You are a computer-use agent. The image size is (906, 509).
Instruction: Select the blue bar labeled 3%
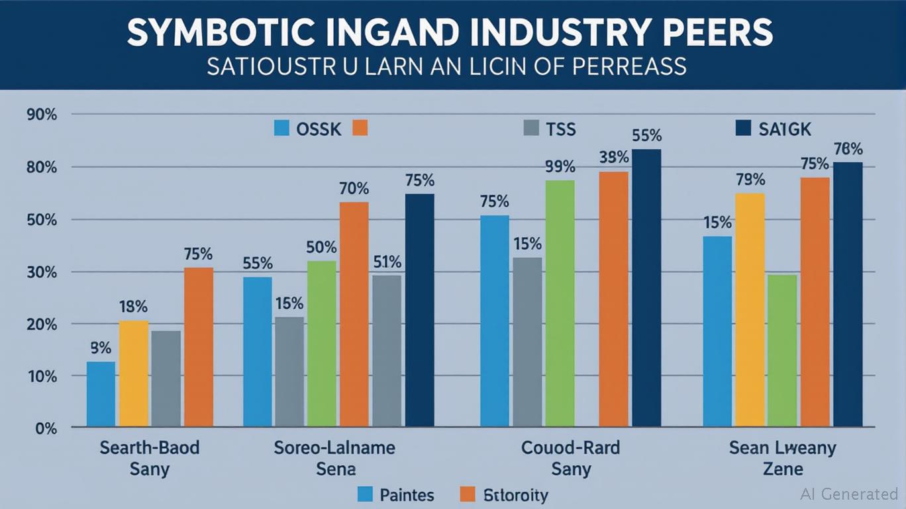[101, 394]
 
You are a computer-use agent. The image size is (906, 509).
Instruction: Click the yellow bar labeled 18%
[133, 373]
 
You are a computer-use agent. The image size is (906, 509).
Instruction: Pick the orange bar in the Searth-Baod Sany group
[199, 347]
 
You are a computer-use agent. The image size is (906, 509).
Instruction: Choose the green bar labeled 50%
[321, 343]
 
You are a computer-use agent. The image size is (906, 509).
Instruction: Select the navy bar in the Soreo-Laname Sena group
[419, 310]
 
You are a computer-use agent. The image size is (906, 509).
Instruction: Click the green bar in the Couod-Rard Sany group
[560, 303]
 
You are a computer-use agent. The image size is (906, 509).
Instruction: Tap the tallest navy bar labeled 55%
[646, 288]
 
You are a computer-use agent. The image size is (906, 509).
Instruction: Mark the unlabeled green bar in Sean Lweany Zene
[782, 350]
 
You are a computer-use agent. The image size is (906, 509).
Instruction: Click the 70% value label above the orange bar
[354, 189]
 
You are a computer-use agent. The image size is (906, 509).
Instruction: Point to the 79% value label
[750, 180]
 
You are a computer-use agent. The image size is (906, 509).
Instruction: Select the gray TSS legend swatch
[531, 128]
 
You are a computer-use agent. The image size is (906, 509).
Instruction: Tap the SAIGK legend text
[785, 129]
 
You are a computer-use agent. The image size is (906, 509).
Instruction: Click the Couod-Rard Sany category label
[570, 459]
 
